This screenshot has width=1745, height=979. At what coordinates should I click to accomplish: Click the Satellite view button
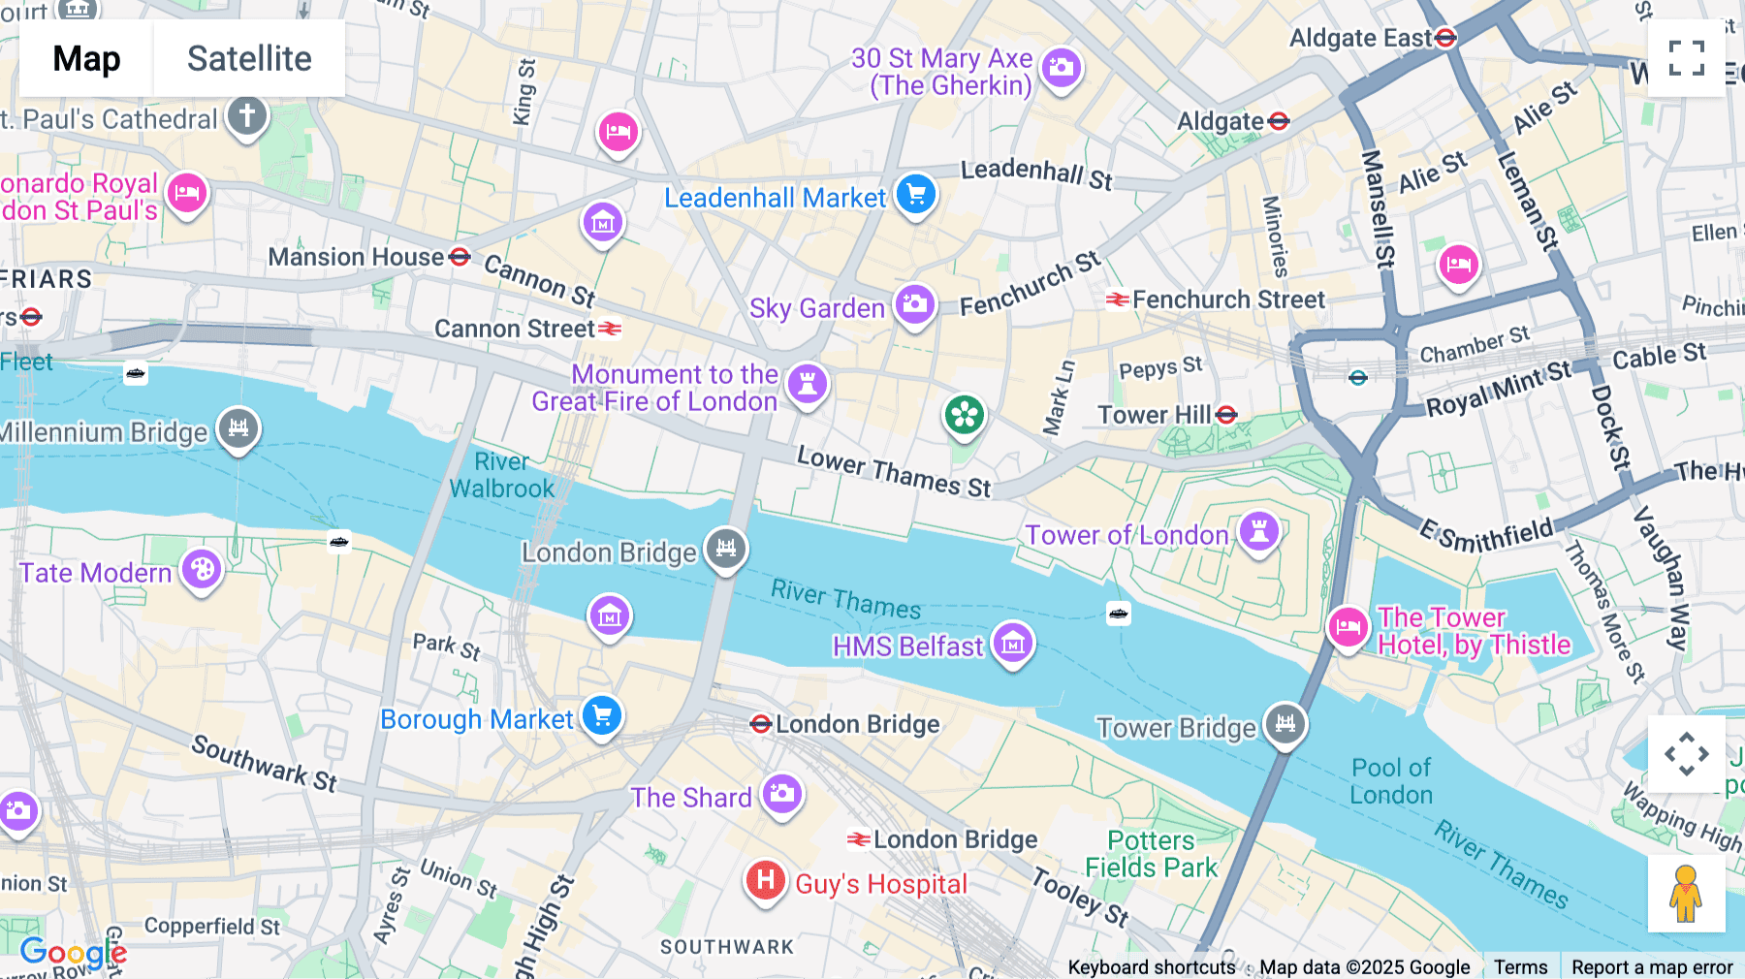(249, 59)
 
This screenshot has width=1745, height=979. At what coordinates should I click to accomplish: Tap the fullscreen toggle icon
(1686, 58)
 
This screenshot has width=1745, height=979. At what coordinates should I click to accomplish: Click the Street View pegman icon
(1686, 894)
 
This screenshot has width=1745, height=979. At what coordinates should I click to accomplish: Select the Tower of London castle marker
(1259, 531)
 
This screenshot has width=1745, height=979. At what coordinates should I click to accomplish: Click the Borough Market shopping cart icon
(602, 716)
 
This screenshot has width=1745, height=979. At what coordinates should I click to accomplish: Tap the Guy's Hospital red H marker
(765, 880)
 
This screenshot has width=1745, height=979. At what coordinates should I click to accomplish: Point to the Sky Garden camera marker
(914, 304)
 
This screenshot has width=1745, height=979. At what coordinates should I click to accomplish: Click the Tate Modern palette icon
(202, 569)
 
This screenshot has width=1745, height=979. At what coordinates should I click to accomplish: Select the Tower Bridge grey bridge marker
(1285, 723)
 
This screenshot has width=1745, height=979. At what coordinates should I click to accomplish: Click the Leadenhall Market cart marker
(915, 194)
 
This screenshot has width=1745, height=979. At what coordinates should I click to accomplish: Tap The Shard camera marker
(782, 794)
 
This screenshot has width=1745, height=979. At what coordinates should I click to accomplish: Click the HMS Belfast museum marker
(1013, 642)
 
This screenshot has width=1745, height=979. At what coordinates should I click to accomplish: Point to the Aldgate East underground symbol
(1445, 38)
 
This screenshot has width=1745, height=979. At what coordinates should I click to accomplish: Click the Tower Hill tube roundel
(1226, 415)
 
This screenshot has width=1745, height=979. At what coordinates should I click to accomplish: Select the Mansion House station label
(356, 257)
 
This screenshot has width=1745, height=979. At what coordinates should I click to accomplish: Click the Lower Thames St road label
(894, 472)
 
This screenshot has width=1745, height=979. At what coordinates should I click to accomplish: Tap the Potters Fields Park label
(1151, 854)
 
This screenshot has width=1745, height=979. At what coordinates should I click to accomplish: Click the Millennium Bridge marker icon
(238, 427)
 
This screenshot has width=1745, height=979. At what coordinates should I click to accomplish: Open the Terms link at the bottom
(1520, 966)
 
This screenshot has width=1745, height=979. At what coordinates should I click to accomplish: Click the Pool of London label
(1391, 781)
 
